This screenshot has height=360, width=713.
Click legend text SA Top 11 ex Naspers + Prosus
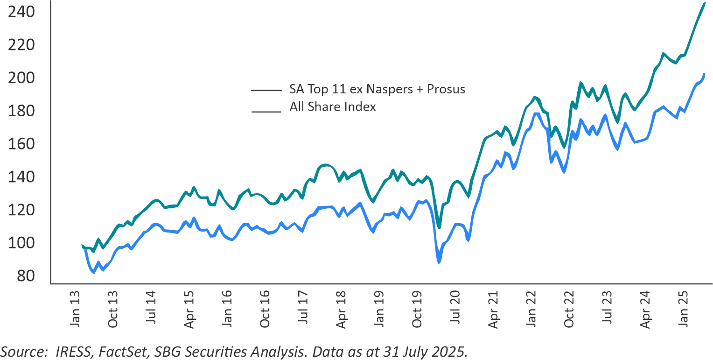pos(377,89)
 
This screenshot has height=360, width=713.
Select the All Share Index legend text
pos(333,107)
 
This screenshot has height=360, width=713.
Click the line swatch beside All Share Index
pos(266,112)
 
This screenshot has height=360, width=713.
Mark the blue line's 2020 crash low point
pos(439,263)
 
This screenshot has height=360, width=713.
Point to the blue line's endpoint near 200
pos(704,74)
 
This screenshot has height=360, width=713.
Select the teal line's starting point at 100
pos(82,245)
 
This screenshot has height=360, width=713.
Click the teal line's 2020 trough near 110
pos(439,227)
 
